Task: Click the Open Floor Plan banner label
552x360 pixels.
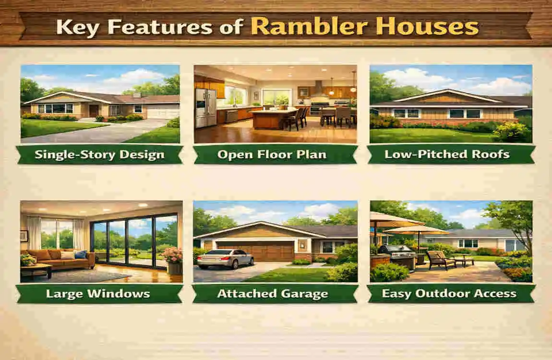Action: [276, 155]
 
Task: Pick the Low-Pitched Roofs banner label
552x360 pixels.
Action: [451, 155]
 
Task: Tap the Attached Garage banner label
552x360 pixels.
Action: [276, 293]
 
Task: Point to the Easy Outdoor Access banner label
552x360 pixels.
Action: [451, 293]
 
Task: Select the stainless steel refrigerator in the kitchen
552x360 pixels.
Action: [205, 107]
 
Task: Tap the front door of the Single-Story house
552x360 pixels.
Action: [94, 111]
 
